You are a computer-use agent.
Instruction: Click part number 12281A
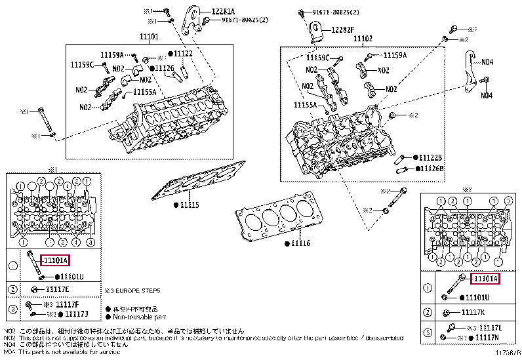click(x=222, y=11)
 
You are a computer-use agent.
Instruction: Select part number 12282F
click(x=343, y=29)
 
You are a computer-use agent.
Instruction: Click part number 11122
click(x=183, y=53)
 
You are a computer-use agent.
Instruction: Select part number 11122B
click(x=431, y=158)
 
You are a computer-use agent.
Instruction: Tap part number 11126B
click(x=431, y=169)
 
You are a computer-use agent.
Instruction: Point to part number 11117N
click(x=485, y=337)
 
